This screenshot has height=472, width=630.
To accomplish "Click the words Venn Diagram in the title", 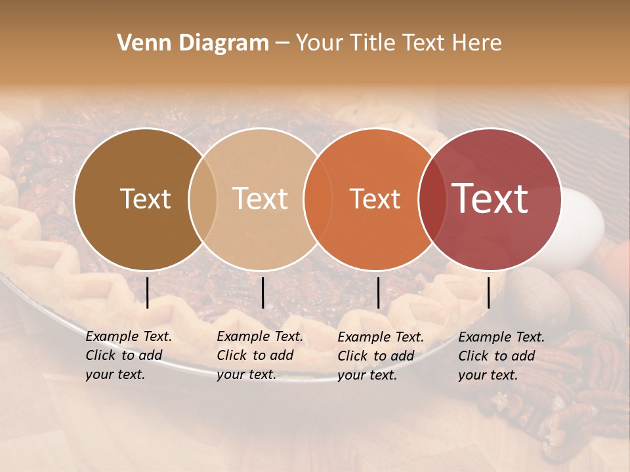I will [193, 43].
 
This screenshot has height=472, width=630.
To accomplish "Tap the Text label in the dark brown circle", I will [145, 199].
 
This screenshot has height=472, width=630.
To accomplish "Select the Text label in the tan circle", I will [260, 199].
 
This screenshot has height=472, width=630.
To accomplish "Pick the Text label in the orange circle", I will [375, 199].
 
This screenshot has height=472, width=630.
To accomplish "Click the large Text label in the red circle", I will [490, 198].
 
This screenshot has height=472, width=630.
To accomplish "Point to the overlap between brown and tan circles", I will [203, 199].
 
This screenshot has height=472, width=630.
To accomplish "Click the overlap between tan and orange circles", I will [318, 199].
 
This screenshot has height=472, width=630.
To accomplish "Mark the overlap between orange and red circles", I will [432, 199].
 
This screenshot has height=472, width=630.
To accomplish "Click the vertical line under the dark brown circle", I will [148, 292].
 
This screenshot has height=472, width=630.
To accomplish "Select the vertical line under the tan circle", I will [262, 292].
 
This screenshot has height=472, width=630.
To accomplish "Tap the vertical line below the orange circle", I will [379, 292].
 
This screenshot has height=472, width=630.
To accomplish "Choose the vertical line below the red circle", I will [489, 292].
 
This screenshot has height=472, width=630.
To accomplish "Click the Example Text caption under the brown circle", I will [129, 355].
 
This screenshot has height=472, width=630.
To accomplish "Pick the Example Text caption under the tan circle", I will [260, 355].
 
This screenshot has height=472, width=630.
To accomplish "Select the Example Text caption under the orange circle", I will [381, 356].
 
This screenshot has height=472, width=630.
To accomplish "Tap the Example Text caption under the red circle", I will [501, 356].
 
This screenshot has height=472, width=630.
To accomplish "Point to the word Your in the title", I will [320, 43].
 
